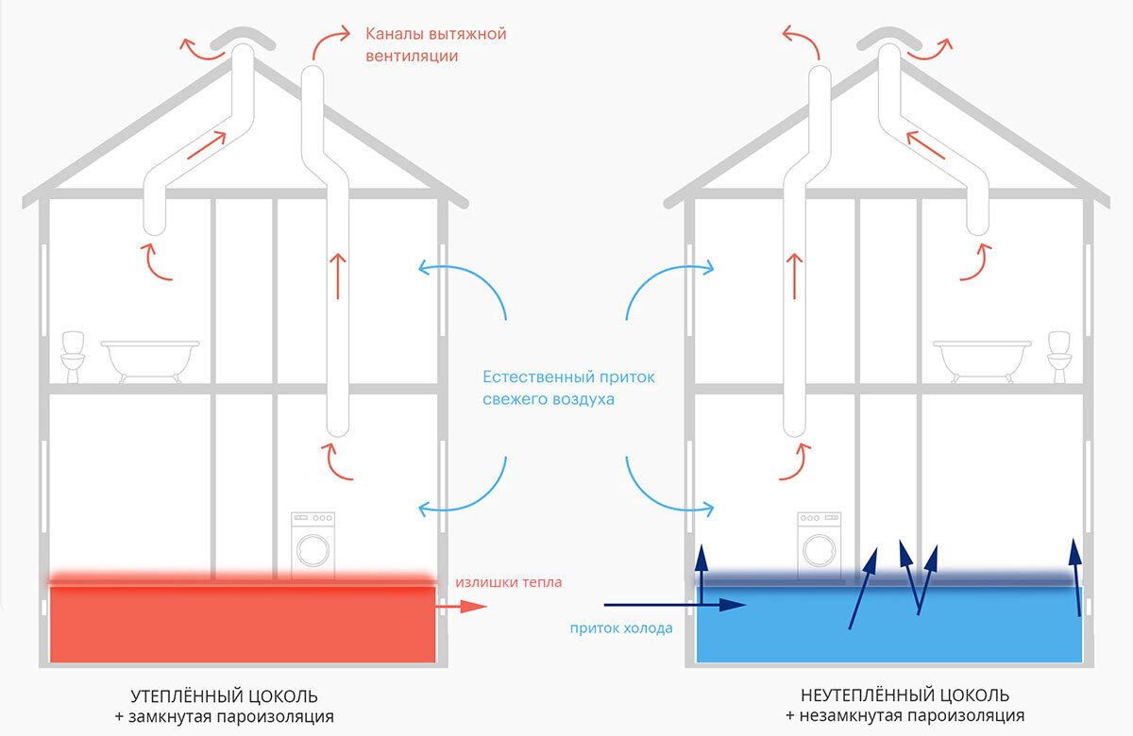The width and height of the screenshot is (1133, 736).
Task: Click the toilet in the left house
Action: point(72,356)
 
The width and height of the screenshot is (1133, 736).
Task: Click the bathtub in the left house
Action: point(150,359)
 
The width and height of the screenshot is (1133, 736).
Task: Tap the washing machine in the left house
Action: point(313,544)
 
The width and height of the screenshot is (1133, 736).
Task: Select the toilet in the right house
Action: point(1059,356)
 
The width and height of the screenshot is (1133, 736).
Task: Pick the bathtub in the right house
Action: point(982,359)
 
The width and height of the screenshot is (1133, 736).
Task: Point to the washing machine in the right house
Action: point(819,544)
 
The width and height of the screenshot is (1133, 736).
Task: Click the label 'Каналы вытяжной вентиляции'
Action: point(435,44)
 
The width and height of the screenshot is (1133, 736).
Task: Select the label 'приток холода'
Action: point(621,627)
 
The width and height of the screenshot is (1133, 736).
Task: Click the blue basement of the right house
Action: point(888,627)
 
